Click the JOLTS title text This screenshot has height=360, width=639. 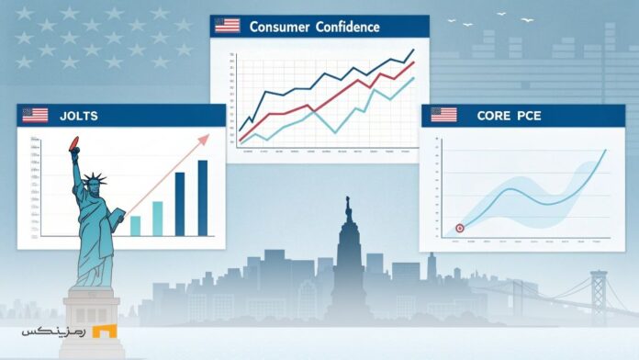click(x=79, y=116)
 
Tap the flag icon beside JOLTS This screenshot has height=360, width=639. click(x=35, y=116)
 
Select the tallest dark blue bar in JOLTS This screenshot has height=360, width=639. click(x=202, y=197)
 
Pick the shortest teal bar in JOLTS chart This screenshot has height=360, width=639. click(x=136, y=225)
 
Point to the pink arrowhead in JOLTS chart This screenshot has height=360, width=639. click(x=205, y=138)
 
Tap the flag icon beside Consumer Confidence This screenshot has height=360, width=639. click(x=227, y=26)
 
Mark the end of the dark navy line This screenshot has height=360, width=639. click(x=414, y=50)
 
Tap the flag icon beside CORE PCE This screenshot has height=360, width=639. click(x=444, y=116)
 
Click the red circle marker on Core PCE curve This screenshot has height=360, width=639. click(x=460, y=228)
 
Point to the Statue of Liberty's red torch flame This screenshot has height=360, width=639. click(x=74, y=142)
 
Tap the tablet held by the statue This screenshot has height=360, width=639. click(x=118, y=220)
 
